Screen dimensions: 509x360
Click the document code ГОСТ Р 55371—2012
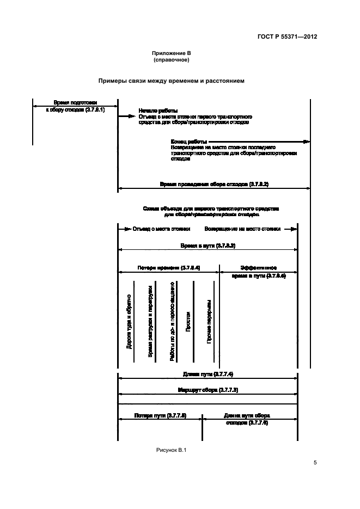288,37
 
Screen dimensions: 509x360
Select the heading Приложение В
171,53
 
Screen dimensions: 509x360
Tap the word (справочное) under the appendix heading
171,60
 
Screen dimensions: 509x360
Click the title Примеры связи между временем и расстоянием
171,81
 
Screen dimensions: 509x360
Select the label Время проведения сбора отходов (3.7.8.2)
213,185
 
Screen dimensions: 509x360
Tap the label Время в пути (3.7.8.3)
208,246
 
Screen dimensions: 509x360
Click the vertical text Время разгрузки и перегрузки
150,321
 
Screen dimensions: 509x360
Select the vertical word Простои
187,322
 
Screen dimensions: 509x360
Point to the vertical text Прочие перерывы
209,321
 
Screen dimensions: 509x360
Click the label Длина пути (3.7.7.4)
208,374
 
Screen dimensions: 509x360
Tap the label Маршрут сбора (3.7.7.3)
208,390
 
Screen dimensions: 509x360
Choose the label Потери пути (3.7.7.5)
160,415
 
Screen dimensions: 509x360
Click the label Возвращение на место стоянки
242,229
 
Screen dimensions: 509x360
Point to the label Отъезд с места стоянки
157,229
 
